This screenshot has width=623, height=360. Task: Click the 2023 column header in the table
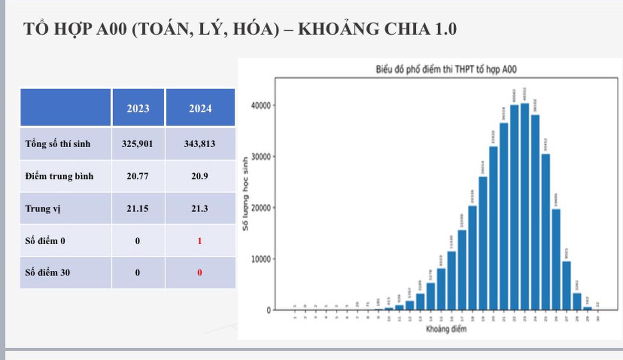click(x=138, y=108)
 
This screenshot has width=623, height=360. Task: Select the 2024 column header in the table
click(x=200, y=108)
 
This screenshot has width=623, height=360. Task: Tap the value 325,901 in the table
click(x=137, y=144)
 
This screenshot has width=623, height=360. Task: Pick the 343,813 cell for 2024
click(x=200, y=144)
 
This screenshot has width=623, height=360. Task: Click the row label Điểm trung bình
click(x=59, y=176)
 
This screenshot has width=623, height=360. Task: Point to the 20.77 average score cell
click(x=137, y=176)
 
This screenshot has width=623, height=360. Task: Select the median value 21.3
click(x=200, y=208)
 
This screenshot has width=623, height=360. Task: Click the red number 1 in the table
click(x=200, y=241)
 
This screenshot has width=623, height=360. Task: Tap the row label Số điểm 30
click(x=48, y=272)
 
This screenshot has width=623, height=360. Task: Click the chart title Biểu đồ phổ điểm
click(x=446, y=69)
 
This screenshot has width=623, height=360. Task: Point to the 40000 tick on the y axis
click(x=261, y=106)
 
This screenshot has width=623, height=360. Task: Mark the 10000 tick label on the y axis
click(x=261, y=259)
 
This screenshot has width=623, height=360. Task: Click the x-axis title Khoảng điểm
click(x=446, y=329)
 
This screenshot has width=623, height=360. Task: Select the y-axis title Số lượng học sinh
click(x=245, y=194)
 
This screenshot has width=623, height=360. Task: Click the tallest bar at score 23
click(x=524, y=206)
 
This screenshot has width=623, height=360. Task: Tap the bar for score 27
click(x=567, y=286)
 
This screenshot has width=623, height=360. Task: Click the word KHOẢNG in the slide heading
click(x=338, y=29)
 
